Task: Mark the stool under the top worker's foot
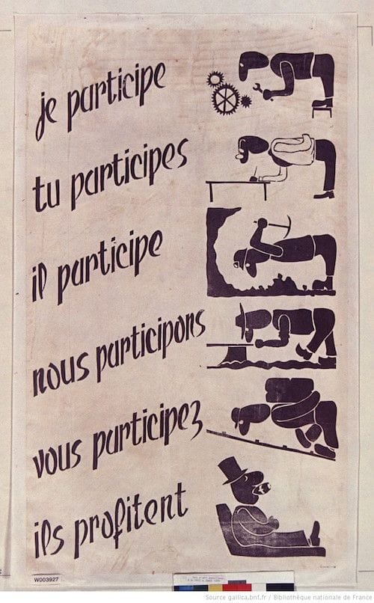coord(322,108)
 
